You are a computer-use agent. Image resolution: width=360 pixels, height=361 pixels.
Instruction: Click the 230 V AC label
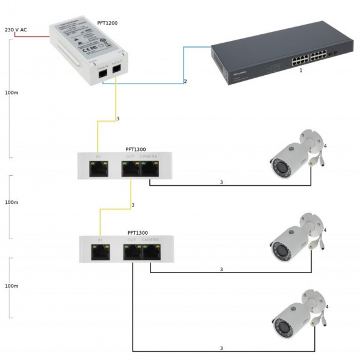point(16,29)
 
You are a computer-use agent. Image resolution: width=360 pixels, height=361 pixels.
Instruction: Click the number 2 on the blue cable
point(185,81)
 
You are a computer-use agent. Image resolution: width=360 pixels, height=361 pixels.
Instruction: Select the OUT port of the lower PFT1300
point(132,252)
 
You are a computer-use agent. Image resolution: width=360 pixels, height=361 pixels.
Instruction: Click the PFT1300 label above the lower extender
point(138,232)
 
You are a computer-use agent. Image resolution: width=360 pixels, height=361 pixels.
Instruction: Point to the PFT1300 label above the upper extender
point(137,149)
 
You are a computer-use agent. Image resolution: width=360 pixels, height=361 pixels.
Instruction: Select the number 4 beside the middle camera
point(324,230)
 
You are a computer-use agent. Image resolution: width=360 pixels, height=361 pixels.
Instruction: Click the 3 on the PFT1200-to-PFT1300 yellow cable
point(118,119)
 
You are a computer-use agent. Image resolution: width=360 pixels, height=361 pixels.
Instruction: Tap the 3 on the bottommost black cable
point(221,348)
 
